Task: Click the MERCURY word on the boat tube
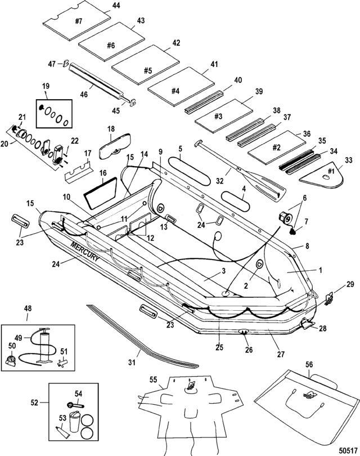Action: click(x=85, y=251)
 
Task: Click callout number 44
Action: click(x=116, y=5)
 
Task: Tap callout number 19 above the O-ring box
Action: click(x=46, y=86)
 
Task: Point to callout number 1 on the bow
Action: click(x=321, y=270)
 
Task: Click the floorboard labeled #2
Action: click(x=276, y=146)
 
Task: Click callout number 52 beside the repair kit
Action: click(x=35, y=403)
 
